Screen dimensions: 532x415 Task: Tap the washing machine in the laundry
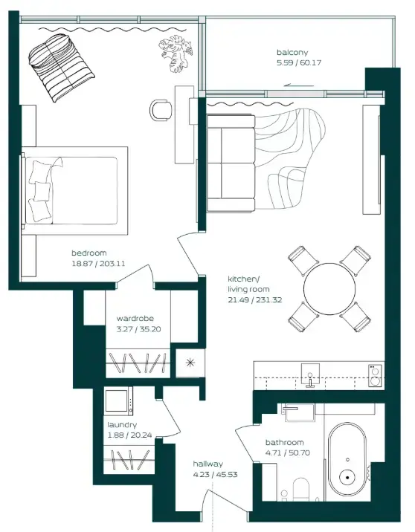click(118, 402)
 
